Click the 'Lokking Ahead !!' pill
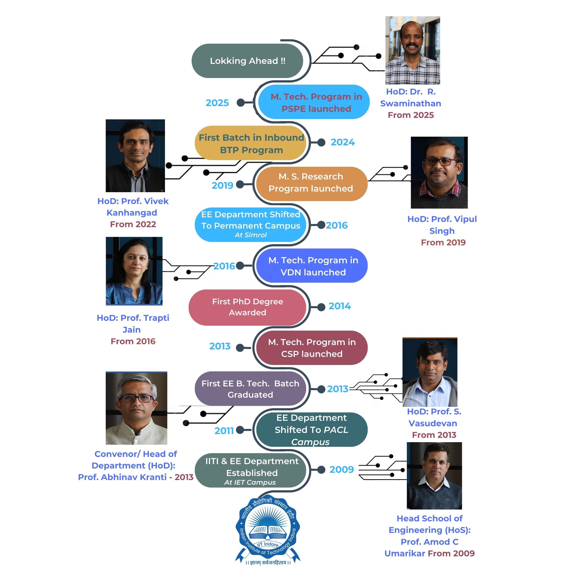pyautogui.click(x=247, y=61)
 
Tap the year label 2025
pyautogui.click(x=217, y=103)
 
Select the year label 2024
pyautogui.click(x=342, y=142)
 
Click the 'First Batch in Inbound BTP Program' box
pyautogui.click(x=251, y=143)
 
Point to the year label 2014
pyautogui.click(x=340, y=306)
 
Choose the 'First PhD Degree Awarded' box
pyautogui.click(x=248, y=307)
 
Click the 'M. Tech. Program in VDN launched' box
pyautogui.click(x=313, y=266)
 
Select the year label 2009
pyautogui.click(x=342, y=470)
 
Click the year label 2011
pyautogui.click(x=224, y=431)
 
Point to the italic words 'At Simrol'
pyautogui.click(x=251, y=235)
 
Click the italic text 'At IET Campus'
pyautogui.click(x=250, y=483)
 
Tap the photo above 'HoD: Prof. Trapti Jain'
pyautogui.click(x=134, y=271)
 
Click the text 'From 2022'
pyautogui.click(x=133, y=224)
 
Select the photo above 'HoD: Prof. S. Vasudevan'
pyautogui.click(x=430, y=373)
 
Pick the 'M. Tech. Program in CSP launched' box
pyautogui.click(x=312, y=348)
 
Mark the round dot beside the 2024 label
pyautogui.click(x=321, y=143)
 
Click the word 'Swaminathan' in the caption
pyautogui.click(x=410, y=103)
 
